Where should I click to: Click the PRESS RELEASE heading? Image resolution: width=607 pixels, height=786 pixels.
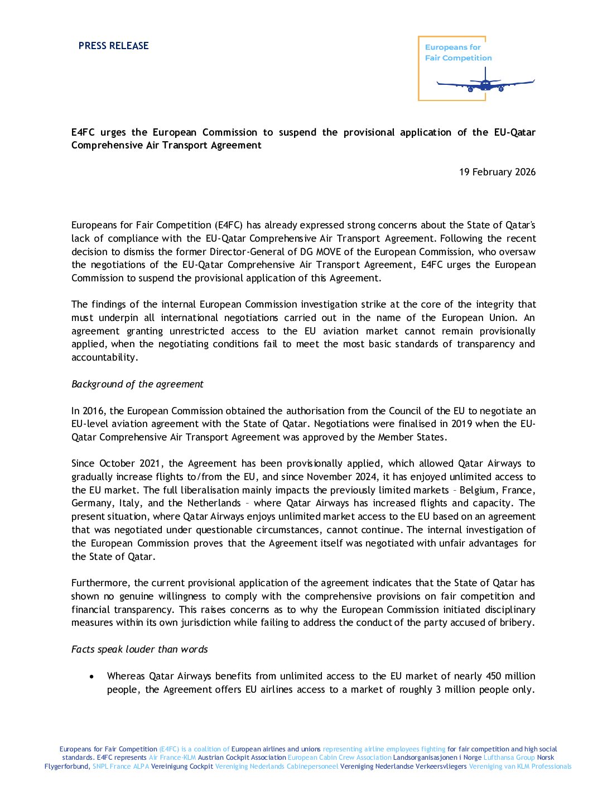coord(113,46)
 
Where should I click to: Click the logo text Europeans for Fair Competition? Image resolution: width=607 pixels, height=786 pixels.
coord(458,52)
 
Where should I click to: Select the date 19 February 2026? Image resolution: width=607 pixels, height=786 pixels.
coord(497,172)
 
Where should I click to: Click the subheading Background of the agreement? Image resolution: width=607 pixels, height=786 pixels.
coord(137,384)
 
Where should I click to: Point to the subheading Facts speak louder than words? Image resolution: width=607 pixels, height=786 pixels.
coord(139,649)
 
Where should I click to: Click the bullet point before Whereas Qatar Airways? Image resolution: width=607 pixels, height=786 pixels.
coord(91,677)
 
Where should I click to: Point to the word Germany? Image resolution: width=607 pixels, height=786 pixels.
coord(92,504)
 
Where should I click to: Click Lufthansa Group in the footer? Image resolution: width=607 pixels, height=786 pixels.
coord(509,758)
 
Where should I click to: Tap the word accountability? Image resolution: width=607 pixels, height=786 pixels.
coord(104,357)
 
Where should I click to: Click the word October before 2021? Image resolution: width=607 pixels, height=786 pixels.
coord(117,463)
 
